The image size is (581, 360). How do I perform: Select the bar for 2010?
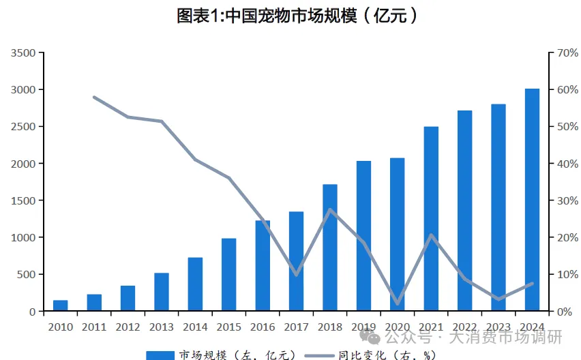(61, 305)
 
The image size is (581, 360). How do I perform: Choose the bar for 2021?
(431, 219)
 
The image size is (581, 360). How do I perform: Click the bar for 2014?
(195, 284)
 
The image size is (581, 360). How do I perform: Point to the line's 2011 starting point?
(94, 97)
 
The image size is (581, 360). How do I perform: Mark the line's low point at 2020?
(398, 303)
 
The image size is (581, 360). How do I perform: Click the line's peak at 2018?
(330, 209)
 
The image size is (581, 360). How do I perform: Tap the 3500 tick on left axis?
(24, 52)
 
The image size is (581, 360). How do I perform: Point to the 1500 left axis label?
(24, 200)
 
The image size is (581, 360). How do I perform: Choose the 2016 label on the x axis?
(263, 327)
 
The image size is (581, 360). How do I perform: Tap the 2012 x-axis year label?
(128, 327)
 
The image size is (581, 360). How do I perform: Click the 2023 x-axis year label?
(498, 327)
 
